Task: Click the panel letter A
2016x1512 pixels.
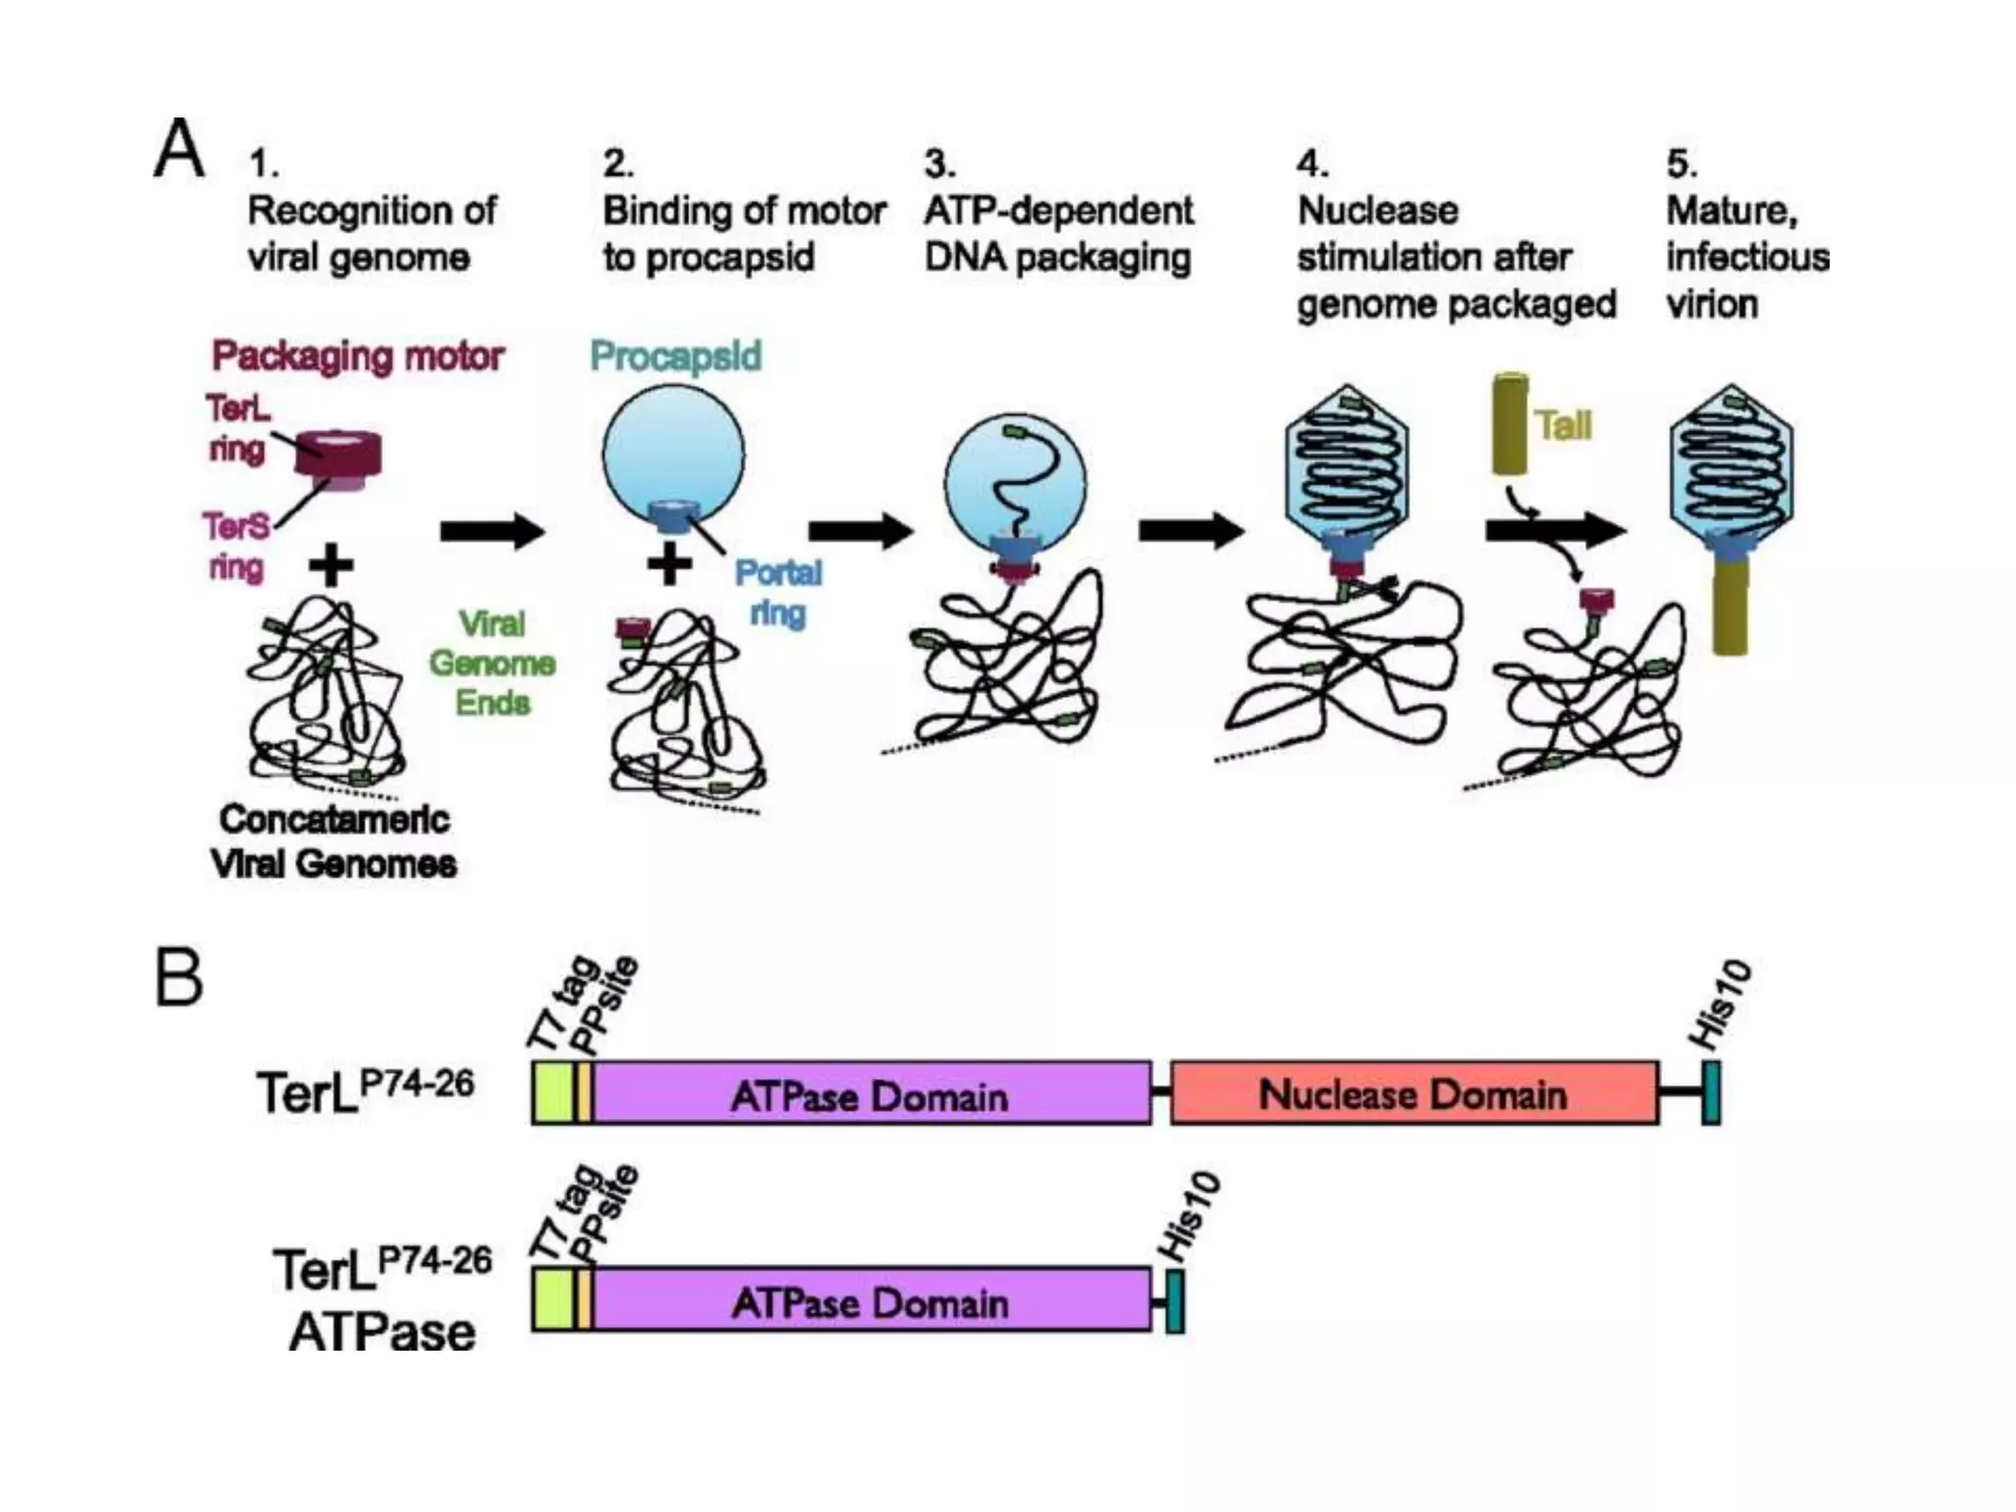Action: click(179, 149)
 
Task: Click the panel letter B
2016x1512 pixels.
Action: click(179, 976)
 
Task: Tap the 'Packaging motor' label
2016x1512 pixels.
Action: click(357, 356)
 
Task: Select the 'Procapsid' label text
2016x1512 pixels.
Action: click(675, 356)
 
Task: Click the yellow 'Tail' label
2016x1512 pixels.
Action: click(1562, 426)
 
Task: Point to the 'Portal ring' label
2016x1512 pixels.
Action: click(778, 593)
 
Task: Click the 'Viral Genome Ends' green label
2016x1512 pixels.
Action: click(492, 663)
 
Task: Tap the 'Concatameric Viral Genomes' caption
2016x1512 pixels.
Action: click(334, 842)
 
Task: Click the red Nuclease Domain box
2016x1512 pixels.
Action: click(1414, 1094)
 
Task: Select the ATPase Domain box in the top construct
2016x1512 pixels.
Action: click(870, 1094)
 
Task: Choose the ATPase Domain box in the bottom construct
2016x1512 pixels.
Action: click(870, 1301)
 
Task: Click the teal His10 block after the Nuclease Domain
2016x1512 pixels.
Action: click(1711, 1093)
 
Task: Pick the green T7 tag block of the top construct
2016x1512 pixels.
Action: click(551, 1093)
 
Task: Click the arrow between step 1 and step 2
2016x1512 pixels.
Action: click(491, 532)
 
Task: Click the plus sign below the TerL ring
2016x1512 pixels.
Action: click(332, 565)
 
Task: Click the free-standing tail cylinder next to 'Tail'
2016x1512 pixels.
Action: click(1510, 424)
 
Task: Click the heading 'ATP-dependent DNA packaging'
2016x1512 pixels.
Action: click(1058, 233)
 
